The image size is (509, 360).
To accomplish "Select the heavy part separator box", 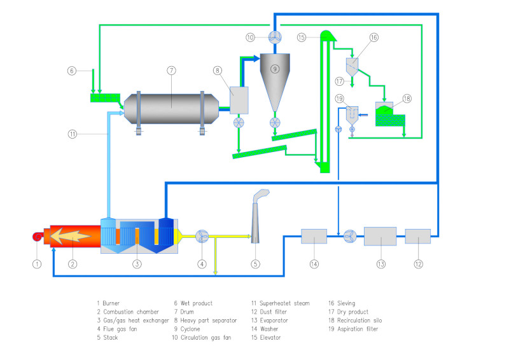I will (237, 99).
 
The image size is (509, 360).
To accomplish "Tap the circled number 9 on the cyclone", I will (275, 69).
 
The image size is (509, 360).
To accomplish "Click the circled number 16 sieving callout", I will (374, 38).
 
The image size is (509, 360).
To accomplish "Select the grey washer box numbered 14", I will (314, 237).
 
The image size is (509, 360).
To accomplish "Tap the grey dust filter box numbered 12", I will (417, 237).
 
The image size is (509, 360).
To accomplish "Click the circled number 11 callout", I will (73, 134).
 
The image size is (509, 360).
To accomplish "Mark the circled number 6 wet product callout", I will (72, 71).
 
